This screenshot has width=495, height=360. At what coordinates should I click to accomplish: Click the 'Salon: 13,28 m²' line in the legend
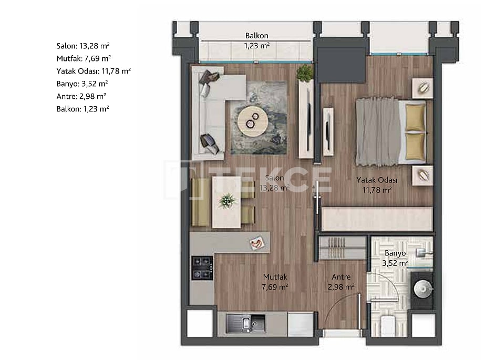tap(82, 46)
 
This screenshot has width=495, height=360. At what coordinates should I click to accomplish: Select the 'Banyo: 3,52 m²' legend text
tap(82, 84)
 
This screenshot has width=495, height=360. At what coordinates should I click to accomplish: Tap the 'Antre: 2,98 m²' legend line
tap(81, 96)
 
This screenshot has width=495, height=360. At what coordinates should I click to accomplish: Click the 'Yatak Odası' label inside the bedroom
tap(377, 180)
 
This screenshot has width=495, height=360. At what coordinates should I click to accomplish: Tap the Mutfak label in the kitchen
tap(276, 277)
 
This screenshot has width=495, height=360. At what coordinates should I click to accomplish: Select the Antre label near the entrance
tap(341, 277)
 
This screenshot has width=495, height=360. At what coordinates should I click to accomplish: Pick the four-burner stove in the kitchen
tap(202, 268)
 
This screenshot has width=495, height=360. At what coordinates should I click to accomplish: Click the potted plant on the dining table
tap(228, 200)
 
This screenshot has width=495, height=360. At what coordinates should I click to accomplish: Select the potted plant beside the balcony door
tap(304, 73)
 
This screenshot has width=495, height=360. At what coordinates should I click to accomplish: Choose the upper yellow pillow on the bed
tap(415, 117)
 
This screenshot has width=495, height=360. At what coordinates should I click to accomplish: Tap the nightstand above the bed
tap(422, 88)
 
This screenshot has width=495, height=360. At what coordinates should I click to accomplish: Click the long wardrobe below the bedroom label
tap(377, 219)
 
